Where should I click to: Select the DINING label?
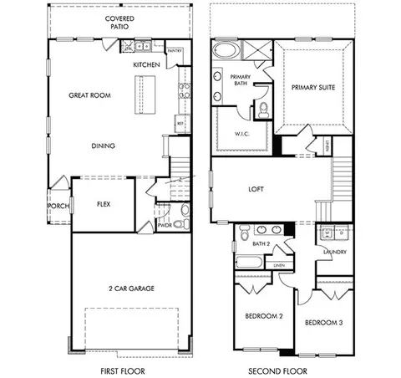coord(104,146)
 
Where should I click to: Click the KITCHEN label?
coord(147,64)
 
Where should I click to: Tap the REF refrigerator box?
coord(180,123)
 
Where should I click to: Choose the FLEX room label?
coord(104,203)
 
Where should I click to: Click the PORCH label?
coord(58,206)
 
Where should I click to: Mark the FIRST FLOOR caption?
coord(124,369)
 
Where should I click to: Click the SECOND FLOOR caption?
coord(277,369)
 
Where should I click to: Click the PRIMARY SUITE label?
coord(312,87)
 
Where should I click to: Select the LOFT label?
coord(256,189)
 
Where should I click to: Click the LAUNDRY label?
coord(334,252)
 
